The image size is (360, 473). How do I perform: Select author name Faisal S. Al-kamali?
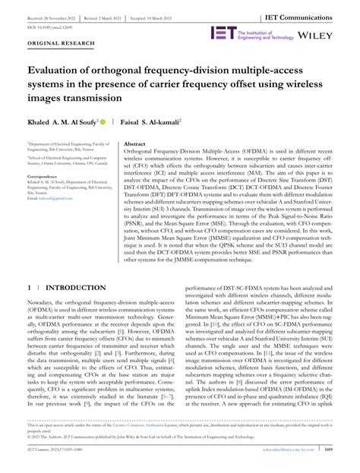150,121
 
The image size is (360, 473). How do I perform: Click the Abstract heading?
135,143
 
